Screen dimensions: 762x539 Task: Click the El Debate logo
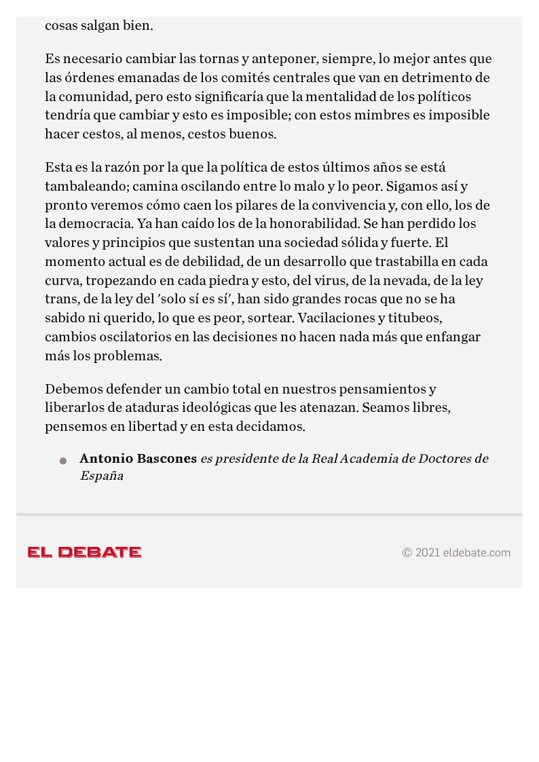pyautogui.click(x=84, y=552)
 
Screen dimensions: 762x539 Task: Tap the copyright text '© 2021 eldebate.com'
pyautogui.click(x=456, y=552)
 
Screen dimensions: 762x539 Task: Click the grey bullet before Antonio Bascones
pyautogui.click(x=63, y=461)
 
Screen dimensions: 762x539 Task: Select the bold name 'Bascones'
pyautogui.click(x=167, y=459)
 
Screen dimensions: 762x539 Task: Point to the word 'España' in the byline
pyautogui.click(x=101, y=476)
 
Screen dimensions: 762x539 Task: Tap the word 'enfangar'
pyautogui.click(x=453, y=337)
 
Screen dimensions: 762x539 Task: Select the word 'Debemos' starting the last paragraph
pyautogui.click(x=70, y=389)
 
